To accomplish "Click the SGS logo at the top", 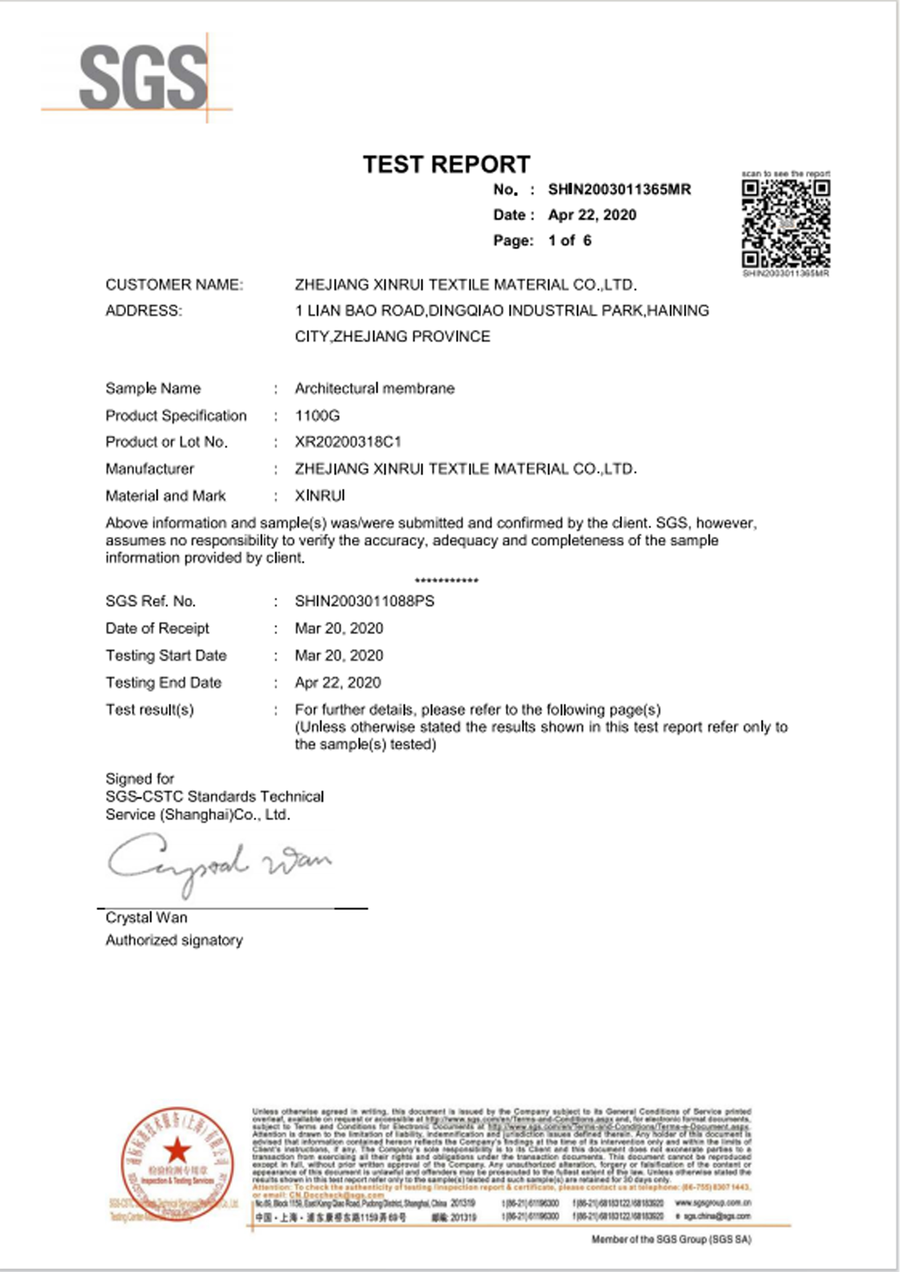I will click(x=143, y=78).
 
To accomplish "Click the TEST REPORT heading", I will click(x=447, y=165).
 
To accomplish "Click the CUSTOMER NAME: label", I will click(x=174, y=285).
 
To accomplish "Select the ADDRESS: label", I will click(x=144, y=311).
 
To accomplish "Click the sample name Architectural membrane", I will click(x=374, y=388).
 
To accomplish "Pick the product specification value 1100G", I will click(x=317, y=416).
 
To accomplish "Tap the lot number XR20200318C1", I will click(x=348, y=442).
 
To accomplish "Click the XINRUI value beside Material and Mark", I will click(x=320, y=496).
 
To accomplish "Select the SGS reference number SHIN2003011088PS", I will click(x=364, y=601).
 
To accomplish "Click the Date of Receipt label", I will click(x=157, y=628).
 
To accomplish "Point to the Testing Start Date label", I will click(x=166, y=655).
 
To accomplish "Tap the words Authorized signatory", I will click(x=174, y=940).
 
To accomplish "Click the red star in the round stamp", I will click(x=177, y=1150).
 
